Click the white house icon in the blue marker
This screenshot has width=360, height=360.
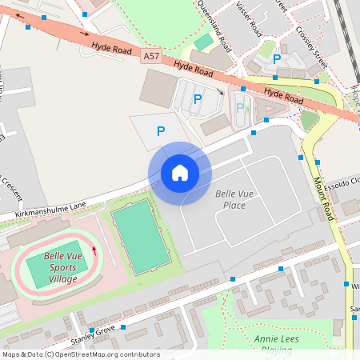click(179, 173)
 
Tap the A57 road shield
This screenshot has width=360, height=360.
click(152, 56)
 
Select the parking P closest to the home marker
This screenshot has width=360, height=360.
click(161, 130)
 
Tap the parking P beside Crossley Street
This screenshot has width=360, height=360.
click(277, 58)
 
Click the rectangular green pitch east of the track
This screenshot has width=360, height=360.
click(141, 237)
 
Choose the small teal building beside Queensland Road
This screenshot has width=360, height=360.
click(205, 41)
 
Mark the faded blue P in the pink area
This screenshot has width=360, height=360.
click(239, 107)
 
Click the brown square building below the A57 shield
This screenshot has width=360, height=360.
click(158, 87)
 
